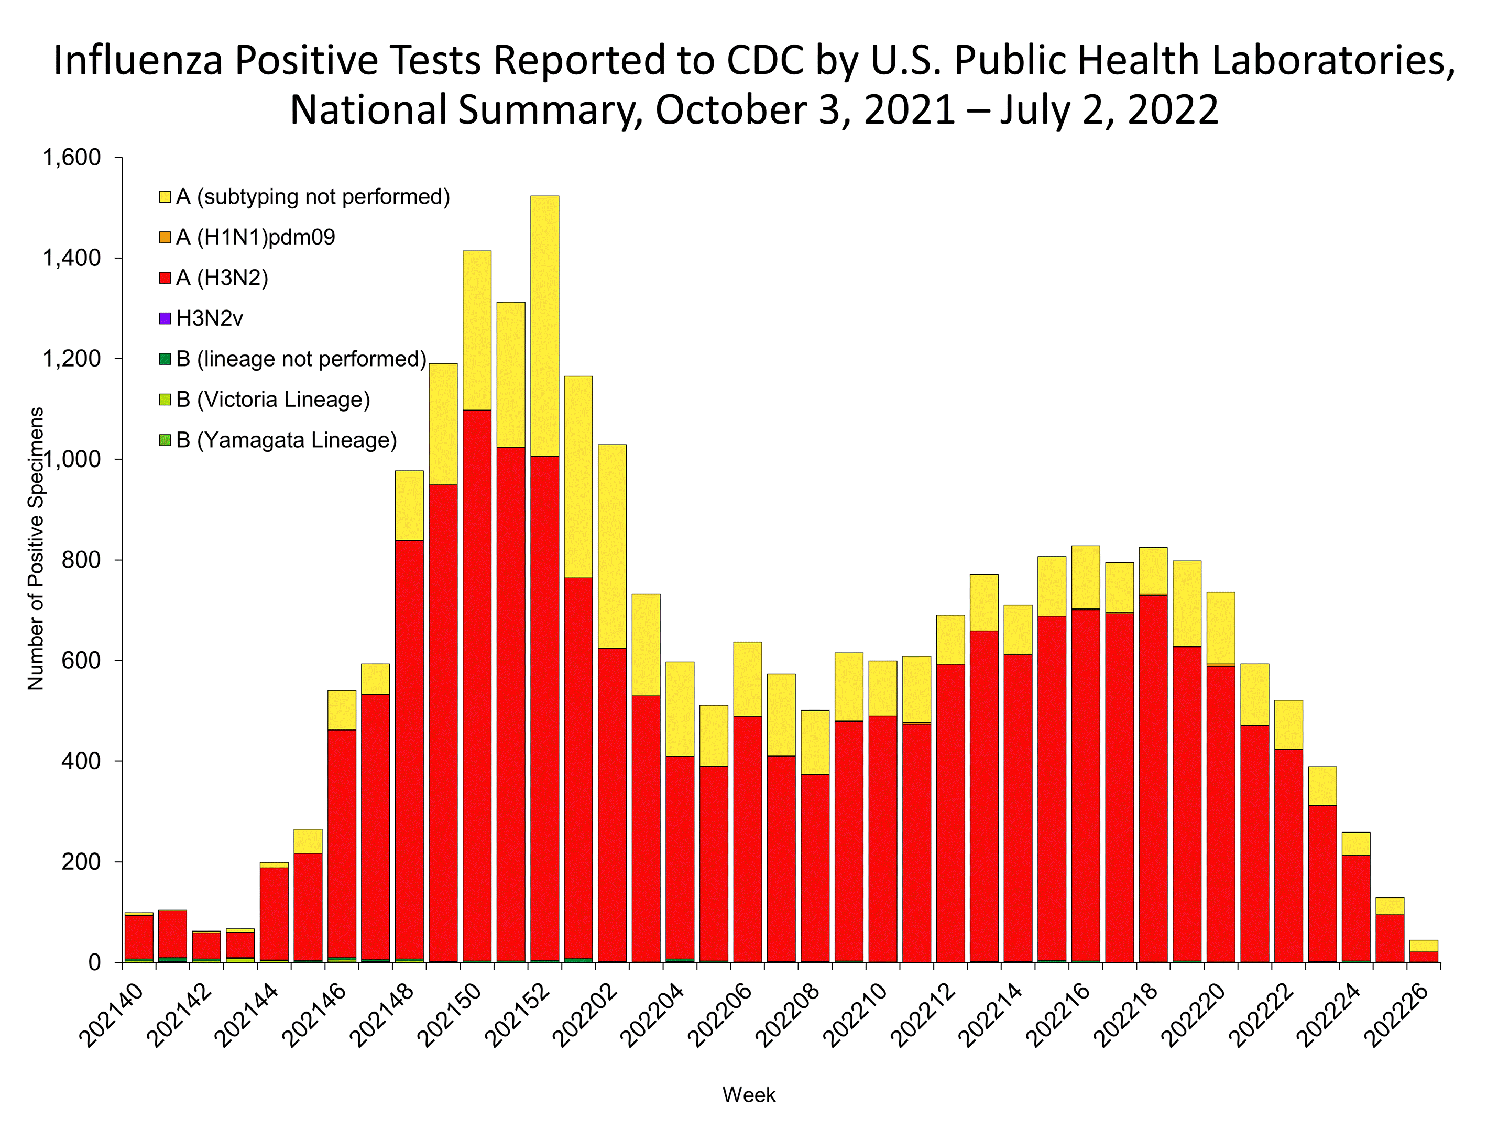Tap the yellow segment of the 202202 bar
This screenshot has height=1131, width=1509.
[x=612, y=546]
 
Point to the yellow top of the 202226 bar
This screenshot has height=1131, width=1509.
[x=1423, y=946]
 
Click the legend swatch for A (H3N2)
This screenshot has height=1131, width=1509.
[x=165, y=278]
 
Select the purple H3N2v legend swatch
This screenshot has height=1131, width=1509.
[x=165, y=318]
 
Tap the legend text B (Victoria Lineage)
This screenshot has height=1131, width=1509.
[x=273, y=400]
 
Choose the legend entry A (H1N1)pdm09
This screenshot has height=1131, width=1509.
[x=255, y=237]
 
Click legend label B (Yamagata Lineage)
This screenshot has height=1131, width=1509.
[x=287, y=440]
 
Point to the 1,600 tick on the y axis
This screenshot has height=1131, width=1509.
[x=72, y=158]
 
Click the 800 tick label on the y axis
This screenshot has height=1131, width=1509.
[x=81, y=560]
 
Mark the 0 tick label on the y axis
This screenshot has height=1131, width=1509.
[x=95, y=962]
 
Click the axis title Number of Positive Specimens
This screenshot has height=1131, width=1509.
[x=36, y=549]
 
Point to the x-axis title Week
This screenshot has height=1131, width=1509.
[x=748, y=1095]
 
